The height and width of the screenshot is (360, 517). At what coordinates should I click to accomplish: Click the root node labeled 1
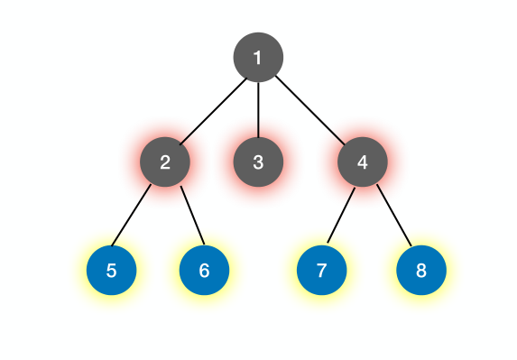click(x=258, y=58)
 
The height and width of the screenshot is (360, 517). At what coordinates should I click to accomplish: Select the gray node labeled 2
click(x=165, y=162)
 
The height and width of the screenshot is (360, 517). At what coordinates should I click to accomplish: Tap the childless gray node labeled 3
click(x=258, y=162)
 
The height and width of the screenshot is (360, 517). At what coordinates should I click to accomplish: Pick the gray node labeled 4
click(x=363, y=162)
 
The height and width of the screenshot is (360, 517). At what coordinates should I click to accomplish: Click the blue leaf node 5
click(x=111, y=270)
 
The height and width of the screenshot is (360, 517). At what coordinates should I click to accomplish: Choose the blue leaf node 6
click(x=204, y=270)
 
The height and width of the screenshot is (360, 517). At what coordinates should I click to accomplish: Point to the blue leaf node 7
click(x=322, y=270)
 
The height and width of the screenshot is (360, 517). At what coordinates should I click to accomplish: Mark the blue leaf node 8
click(x=420, y=270)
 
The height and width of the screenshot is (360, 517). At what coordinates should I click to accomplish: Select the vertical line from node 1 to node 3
click(x=258, y=110)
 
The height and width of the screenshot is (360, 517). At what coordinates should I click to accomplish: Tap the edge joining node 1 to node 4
click(x=310, y=110)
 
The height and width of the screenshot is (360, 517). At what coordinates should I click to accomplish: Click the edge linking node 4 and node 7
click(x=341, y=217)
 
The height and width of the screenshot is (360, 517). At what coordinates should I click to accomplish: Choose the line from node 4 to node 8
click(x=392, y=217)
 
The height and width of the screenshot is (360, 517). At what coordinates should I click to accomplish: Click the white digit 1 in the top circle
click(x=258, y=58)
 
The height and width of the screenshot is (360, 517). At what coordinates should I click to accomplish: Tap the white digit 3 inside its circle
click(x=258, y=162)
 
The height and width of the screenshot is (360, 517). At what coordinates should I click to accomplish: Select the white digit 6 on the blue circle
click(x=204, y=270)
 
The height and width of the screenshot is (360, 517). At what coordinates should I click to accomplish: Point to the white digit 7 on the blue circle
click(x=322, y=270)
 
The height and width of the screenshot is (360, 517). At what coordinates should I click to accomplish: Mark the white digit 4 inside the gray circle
click(x=363, y=162)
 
